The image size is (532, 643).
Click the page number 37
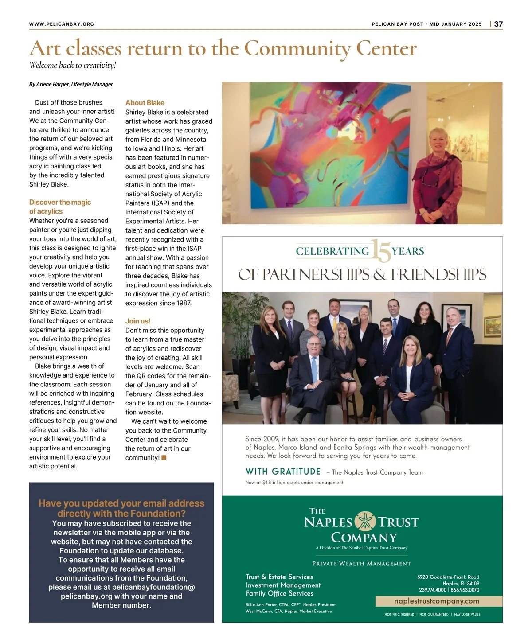pyautogui.click(x=498, y=24)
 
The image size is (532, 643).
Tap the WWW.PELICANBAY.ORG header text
pyautogui.click(x=62, y=24)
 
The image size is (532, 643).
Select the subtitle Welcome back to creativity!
pyautogui.click(x=72, y=66)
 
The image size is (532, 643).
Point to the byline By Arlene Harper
pyautogui.click(x=71, y=84)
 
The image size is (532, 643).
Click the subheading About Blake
pyautogui.click(x=145, y=103)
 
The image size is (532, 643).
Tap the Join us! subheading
pyautogui.click(x=137, y=321)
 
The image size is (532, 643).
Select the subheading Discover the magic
pyautogui.click(x=60, y=203)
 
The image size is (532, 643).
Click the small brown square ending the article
pyautogui.click(x=164, y=458)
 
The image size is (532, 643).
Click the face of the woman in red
pyautogui.click(x=439, y=141)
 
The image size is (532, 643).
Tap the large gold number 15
pyautogui.click(x=380, y=251)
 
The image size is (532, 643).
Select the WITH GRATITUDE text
pyautogui.click(x=283, y=472)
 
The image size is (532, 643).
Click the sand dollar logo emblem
pyautogui.click(x=365, y=521)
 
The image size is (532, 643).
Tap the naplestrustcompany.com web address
pyautogui.click(x=436, y=601)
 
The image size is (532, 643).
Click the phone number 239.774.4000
pyautogui.click(x=433, y=590)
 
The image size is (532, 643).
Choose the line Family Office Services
pyautogui.click(x=279, y=593)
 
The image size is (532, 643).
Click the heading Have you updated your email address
pyautogui.click(x=121, y=503)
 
